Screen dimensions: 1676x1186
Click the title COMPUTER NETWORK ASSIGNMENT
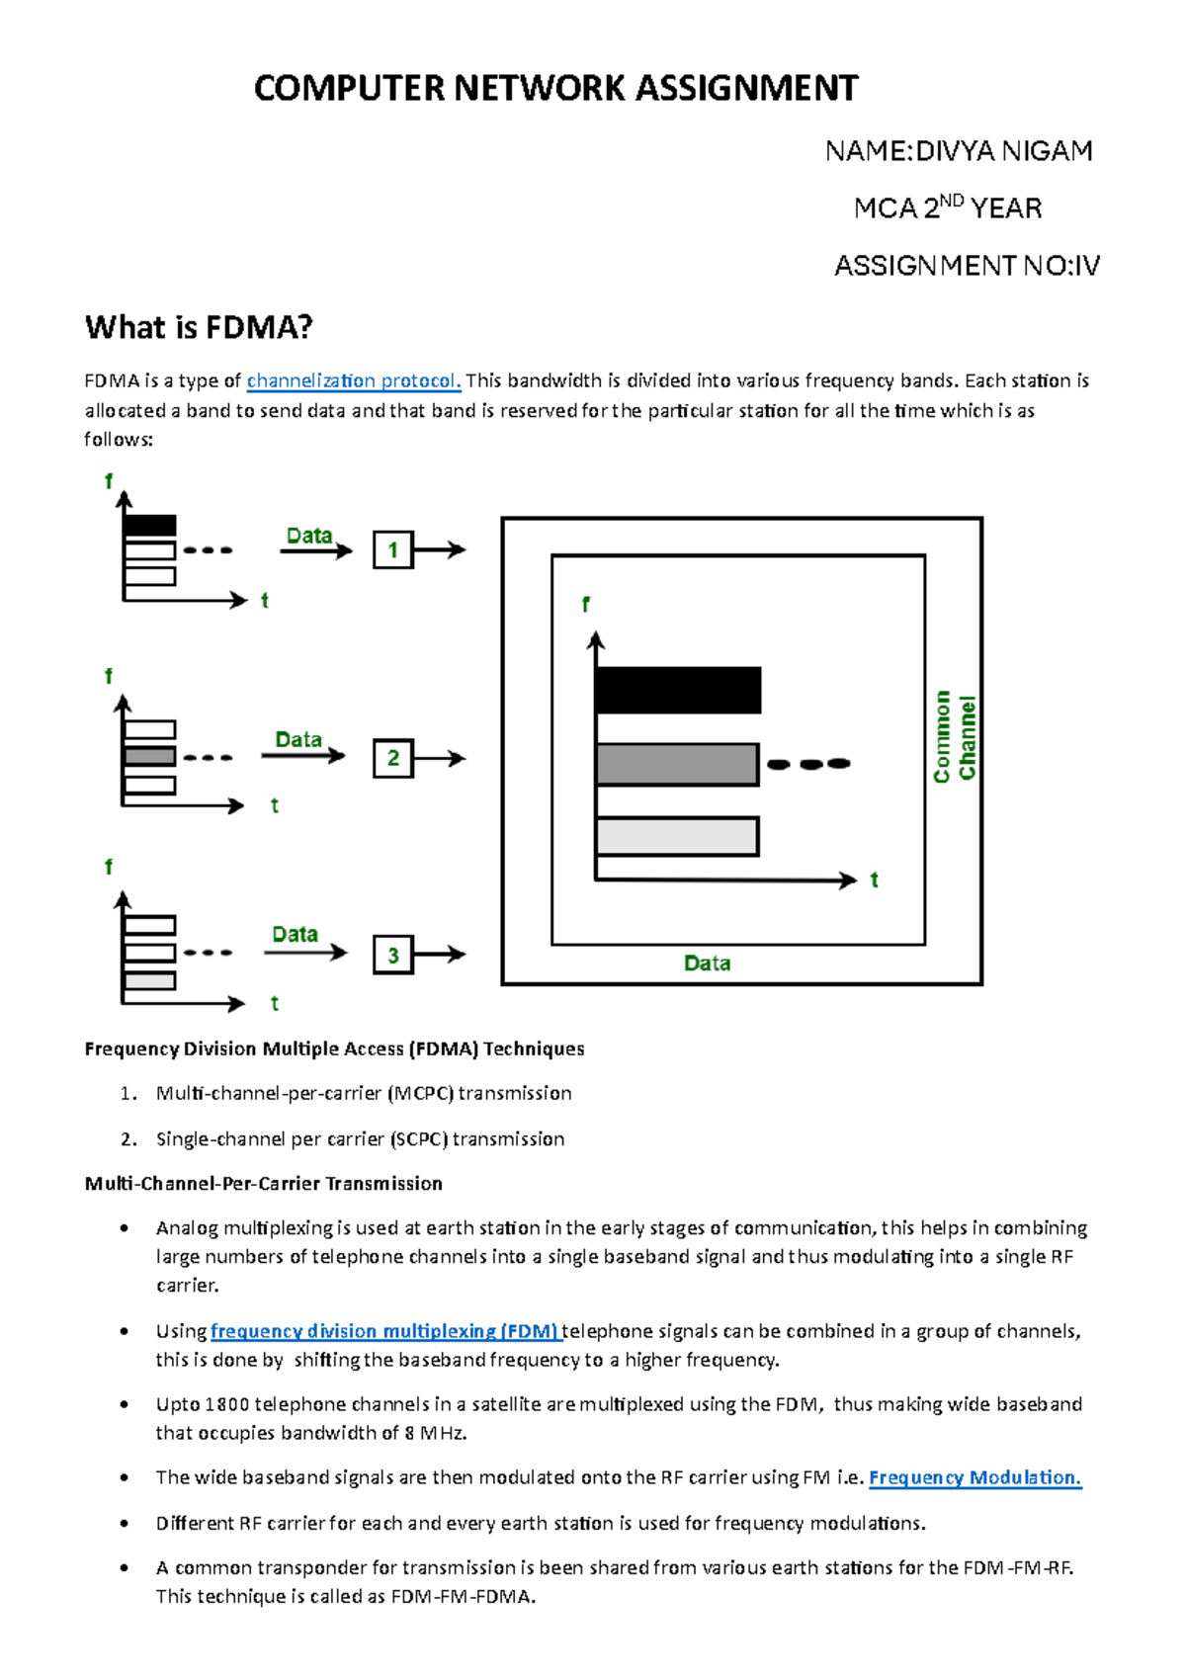[555, 89]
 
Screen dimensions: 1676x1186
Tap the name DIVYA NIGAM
[1003, 151]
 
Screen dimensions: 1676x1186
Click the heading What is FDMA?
[199, 327]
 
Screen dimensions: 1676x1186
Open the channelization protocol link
[353, 380]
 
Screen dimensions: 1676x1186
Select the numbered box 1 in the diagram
[392, 550]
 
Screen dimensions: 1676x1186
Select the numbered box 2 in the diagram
[392, 758]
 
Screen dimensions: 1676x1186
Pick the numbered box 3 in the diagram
[392, 955]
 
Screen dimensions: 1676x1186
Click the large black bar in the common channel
[678, 690]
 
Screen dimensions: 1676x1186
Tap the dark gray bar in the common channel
[677, 764]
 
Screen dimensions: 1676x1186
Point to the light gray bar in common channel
[677, 836]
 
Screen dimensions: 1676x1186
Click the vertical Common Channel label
[955, 737]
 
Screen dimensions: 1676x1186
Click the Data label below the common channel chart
[707, 964]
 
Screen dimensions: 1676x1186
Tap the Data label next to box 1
[309, 536]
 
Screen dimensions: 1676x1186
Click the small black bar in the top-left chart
[150, 525]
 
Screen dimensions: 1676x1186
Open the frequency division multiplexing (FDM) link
[385, 1331]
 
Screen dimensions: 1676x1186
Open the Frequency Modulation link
[974, 1477]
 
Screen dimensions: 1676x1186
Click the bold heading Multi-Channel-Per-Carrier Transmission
[263, 1184]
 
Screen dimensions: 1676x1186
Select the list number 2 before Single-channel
[127, 1139]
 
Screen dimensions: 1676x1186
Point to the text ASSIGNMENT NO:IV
[967, 266]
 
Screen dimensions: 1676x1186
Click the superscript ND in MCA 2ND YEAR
[951, 201]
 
